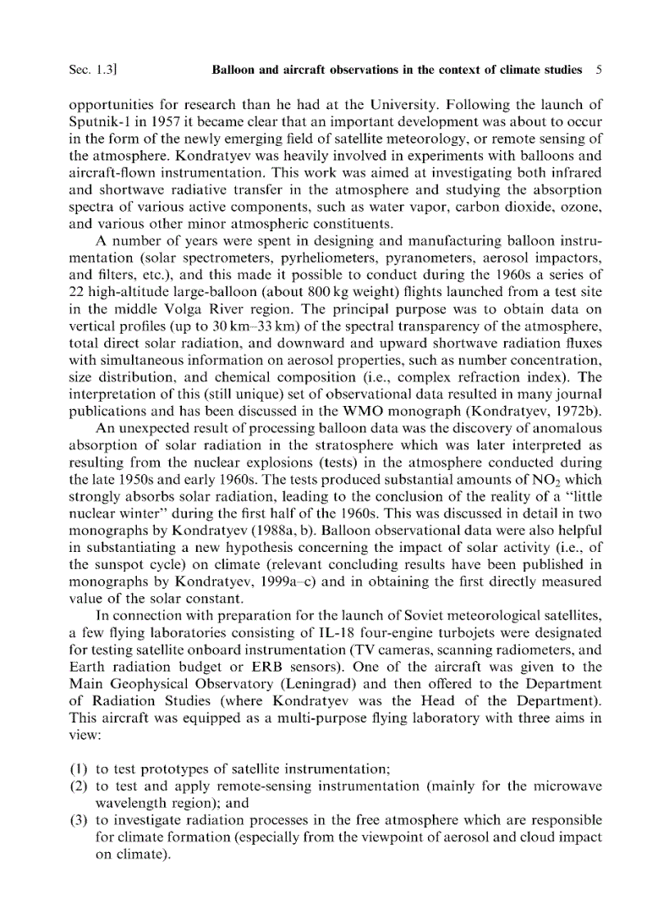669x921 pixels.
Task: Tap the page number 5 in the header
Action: tap(598, 70)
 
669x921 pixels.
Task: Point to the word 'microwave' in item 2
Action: tap(571, 786)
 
